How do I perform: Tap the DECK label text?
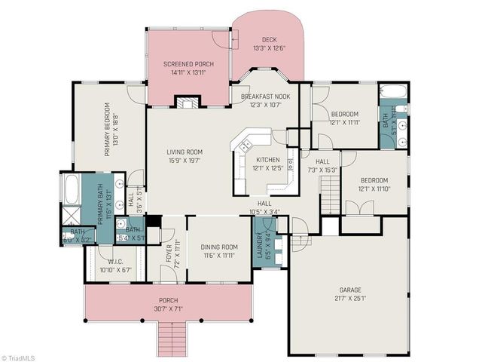pos(269,40)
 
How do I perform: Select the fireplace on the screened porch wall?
pos(185,102)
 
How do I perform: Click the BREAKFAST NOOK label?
pos(266,97)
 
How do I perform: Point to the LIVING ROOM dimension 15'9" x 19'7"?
pos(185,160)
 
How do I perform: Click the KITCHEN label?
pos(268,160)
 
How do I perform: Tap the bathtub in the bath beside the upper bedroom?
pos(393,94)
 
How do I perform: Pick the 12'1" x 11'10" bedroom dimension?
pos(374,189)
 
